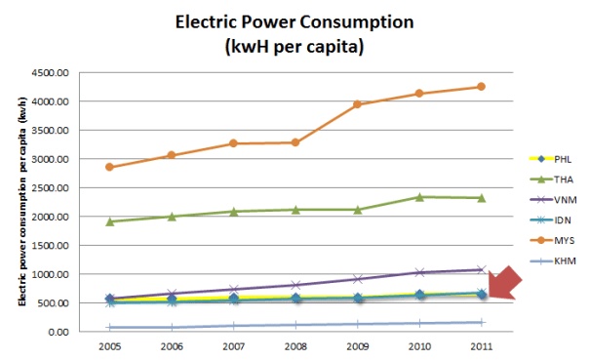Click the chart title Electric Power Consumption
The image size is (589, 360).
pyautogui.click(x=294, y=20)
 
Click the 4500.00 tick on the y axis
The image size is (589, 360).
pyautogui.click(x=50, y=72)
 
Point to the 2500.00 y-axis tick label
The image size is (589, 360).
pyautogui.click(x=50, y=187)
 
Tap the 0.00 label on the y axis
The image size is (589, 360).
pyautogui.click(x=58, y=332)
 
